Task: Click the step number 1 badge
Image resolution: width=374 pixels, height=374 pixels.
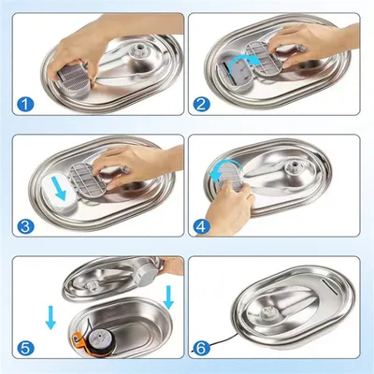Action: click(x=25, y=105)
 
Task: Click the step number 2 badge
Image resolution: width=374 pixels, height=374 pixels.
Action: click(x=201, y=105)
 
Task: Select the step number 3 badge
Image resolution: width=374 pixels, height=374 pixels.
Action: click(x=25, y=226)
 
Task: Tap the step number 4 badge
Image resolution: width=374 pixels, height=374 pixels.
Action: click(x=201, y=226)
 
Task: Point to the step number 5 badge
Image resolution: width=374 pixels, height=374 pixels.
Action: click(x=25, y=348)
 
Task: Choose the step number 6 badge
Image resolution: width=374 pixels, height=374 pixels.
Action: click(x=201, y=348)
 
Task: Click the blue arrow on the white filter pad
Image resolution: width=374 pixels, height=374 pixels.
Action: click(x=59, y=188)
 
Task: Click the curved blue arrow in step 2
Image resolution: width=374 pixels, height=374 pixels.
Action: click(x=244, y=59)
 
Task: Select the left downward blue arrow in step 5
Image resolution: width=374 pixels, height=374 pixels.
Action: click(x=50, y=317)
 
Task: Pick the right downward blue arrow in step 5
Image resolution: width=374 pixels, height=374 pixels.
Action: click(x=168, y=297)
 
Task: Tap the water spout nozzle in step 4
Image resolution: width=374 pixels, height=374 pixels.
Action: click(x=294, y=165)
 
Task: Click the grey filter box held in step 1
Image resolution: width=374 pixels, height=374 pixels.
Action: click(x=73, y=79)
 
